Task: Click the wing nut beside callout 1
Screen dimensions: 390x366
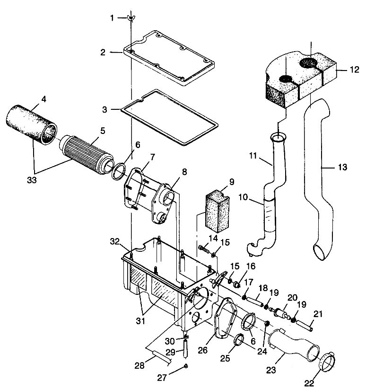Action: (x=129, y=18)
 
